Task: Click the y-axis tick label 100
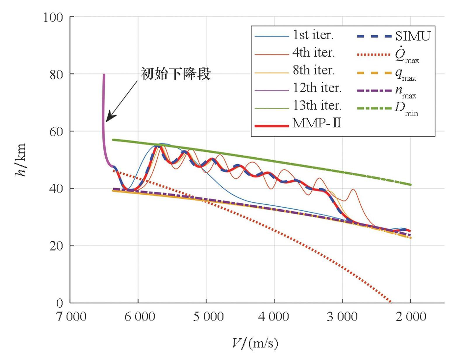coord(53,17)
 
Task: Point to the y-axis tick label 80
coord(56,75)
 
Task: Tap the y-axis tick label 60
coord(56,132)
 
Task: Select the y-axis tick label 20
coord(56,246)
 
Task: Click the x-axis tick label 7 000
coord(71,316)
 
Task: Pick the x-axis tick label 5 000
coord(208,316)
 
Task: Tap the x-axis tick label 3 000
coord(342,316)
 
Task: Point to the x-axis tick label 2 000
coord(410,316)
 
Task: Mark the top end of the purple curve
coord(104,74)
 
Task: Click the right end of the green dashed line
coord(410,185)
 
